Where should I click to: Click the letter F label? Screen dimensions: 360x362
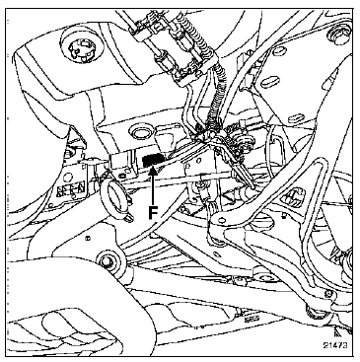pos(152,212)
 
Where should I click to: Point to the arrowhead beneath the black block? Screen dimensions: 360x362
pos(153,171)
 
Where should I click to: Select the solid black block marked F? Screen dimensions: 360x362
pos(152,160)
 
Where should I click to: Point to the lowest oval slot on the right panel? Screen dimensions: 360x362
pos(295,117)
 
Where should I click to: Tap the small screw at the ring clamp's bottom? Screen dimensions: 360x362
pos(131,218)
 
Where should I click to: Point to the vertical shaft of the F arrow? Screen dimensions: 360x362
pos(153,189)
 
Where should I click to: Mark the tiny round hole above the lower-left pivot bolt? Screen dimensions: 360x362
pos(88,238)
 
